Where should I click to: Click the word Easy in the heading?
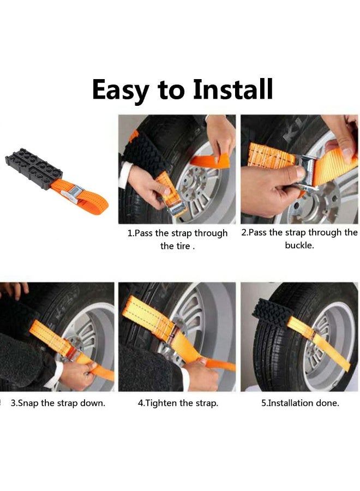120,89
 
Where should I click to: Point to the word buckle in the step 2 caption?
299,245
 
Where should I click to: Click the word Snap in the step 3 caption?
29,403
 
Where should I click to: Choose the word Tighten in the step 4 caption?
161,403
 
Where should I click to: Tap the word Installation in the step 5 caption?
291,403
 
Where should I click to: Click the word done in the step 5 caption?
327,403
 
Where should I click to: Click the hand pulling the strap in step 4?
201,375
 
